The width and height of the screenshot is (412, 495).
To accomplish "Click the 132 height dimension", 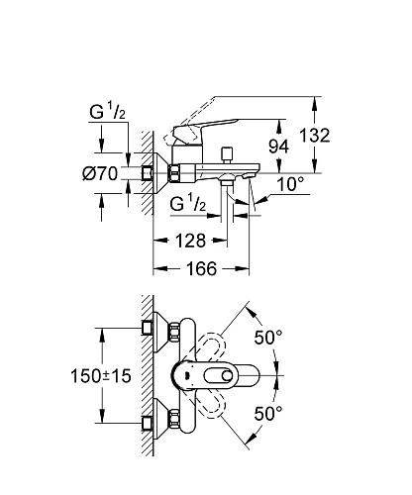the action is click(314, 136).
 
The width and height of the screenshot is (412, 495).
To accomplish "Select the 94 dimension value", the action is click(278, 147).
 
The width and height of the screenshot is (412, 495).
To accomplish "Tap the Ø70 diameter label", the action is click(100, 173).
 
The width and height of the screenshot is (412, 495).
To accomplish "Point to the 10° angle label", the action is click(290, 184).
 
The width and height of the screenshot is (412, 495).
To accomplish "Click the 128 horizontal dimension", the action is click(190, 241).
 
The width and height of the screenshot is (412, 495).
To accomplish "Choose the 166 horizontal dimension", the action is click(202, 268).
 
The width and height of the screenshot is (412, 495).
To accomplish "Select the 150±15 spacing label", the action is click(101, 376).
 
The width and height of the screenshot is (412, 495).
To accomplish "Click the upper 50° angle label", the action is click(268, 338).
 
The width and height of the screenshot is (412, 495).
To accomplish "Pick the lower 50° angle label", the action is click(268, 413).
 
